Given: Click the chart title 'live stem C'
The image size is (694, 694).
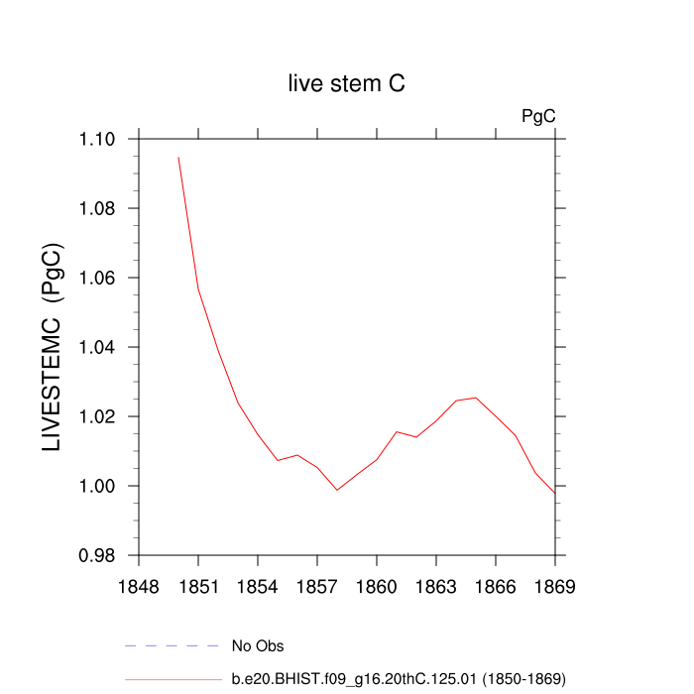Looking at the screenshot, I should click(346, 84).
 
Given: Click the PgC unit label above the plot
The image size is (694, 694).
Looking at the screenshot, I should click(538, 116).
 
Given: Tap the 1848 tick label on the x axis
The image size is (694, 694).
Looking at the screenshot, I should click(139, 586).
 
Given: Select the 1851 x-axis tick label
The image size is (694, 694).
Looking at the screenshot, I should click(198, 586).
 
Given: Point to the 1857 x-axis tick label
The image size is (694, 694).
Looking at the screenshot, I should click(317, 586).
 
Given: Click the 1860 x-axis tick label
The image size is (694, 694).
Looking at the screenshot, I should click(377, 586).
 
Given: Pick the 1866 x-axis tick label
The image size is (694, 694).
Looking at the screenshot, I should click(496, 586).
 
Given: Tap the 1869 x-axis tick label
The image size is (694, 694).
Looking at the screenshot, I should click(555, 586).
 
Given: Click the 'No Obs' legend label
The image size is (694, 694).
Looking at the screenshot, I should click(258, 646).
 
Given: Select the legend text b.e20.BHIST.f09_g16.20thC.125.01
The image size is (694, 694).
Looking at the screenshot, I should click(398, 679).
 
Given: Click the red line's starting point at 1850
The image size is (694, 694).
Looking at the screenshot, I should click(178, 158).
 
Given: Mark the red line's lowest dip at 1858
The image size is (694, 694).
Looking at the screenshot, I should click(337, 490).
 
